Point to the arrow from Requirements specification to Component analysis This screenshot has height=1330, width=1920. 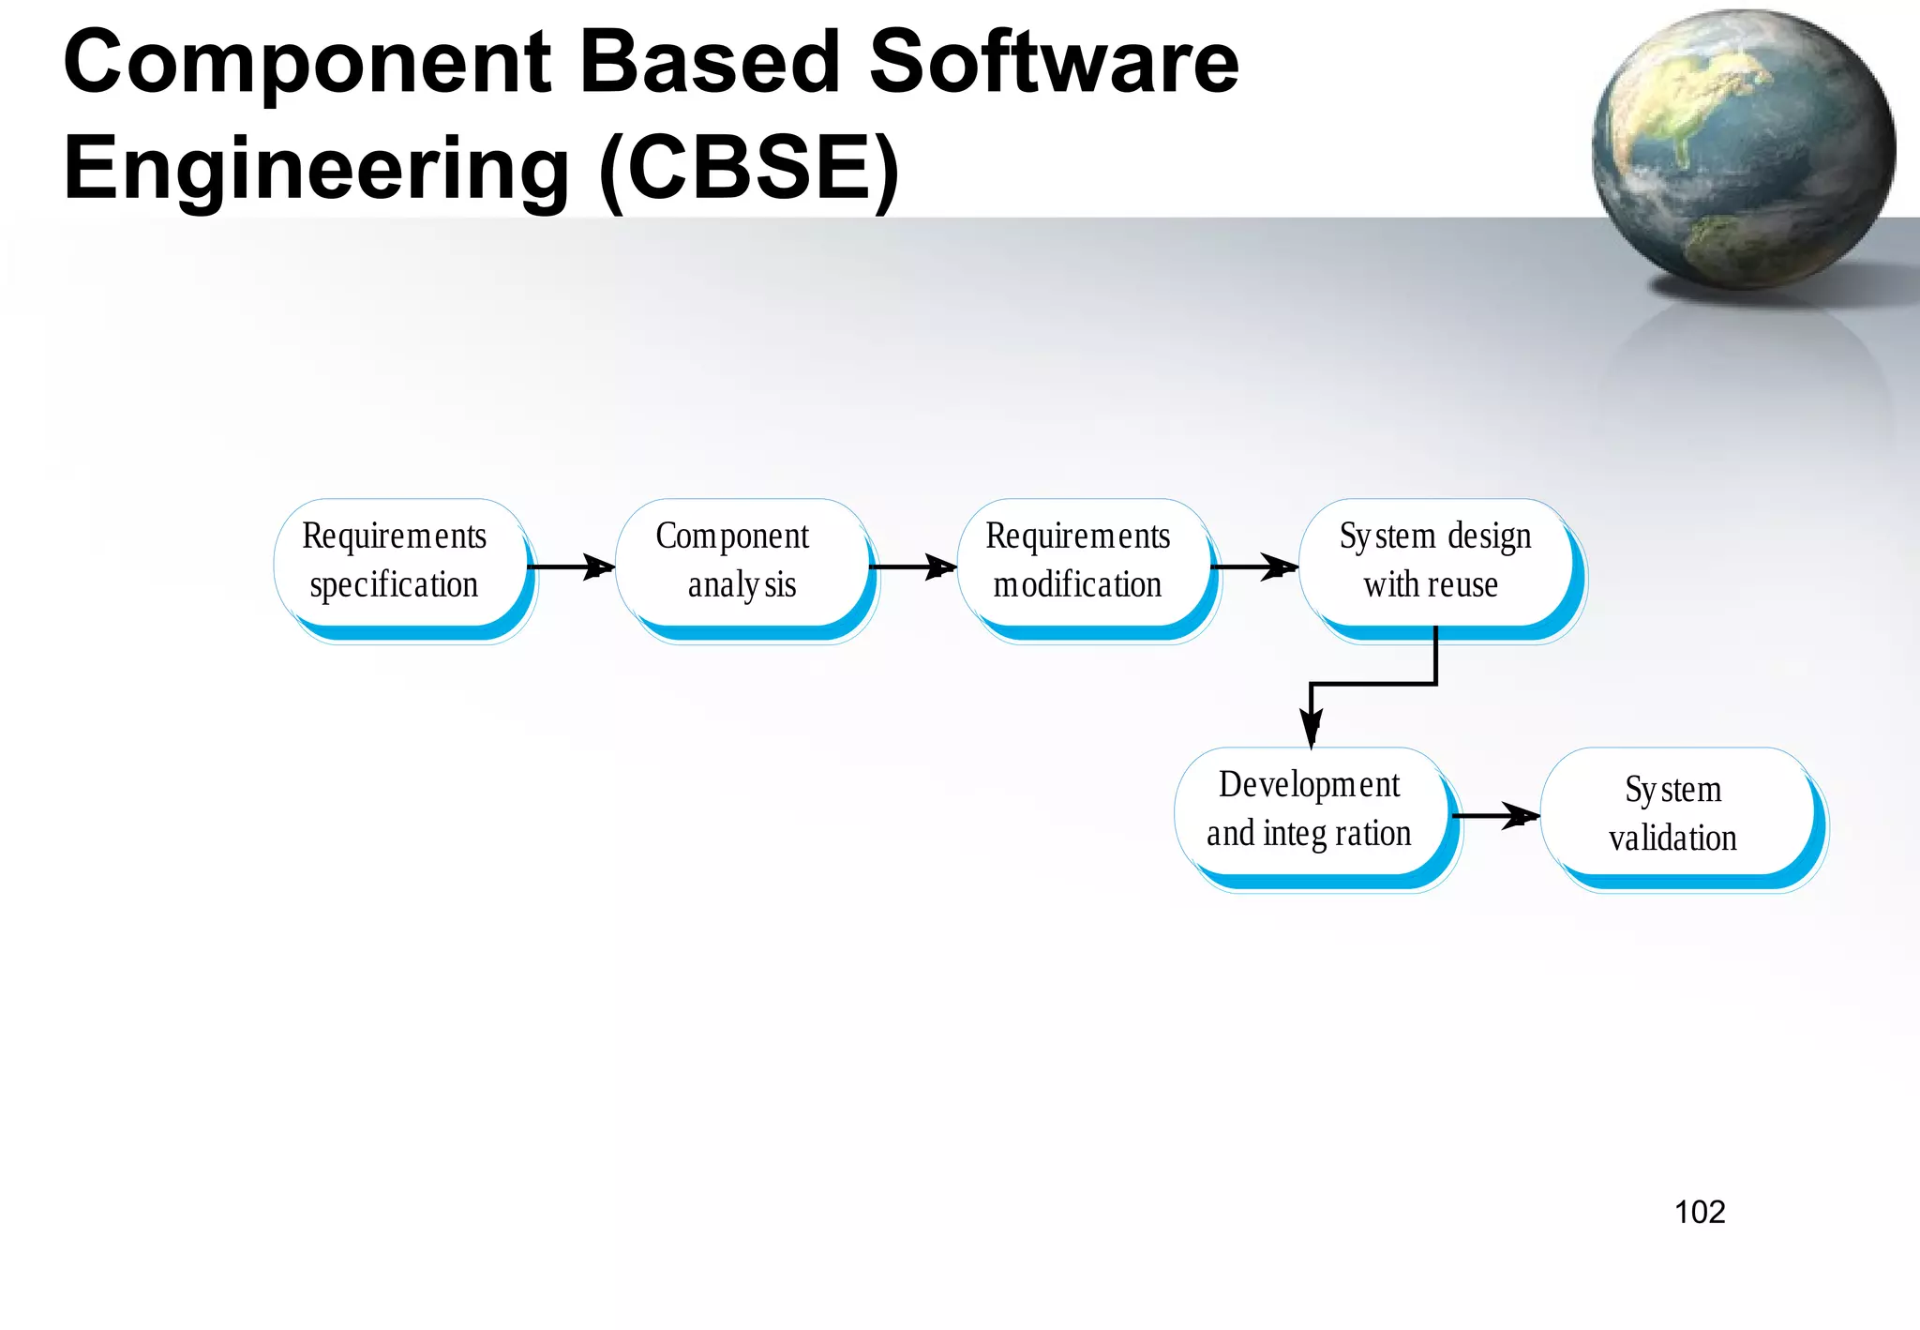click(570, 567)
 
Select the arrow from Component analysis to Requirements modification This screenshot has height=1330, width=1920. click(912, 567)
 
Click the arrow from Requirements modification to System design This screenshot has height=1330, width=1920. click(1253, 567)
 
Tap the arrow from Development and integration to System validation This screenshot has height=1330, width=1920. click(1495, 816)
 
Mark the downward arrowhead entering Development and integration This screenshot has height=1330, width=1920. click(1311, 728)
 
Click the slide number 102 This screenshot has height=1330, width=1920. click(1699, 1212)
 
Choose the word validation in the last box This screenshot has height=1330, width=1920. click(1672, 838)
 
